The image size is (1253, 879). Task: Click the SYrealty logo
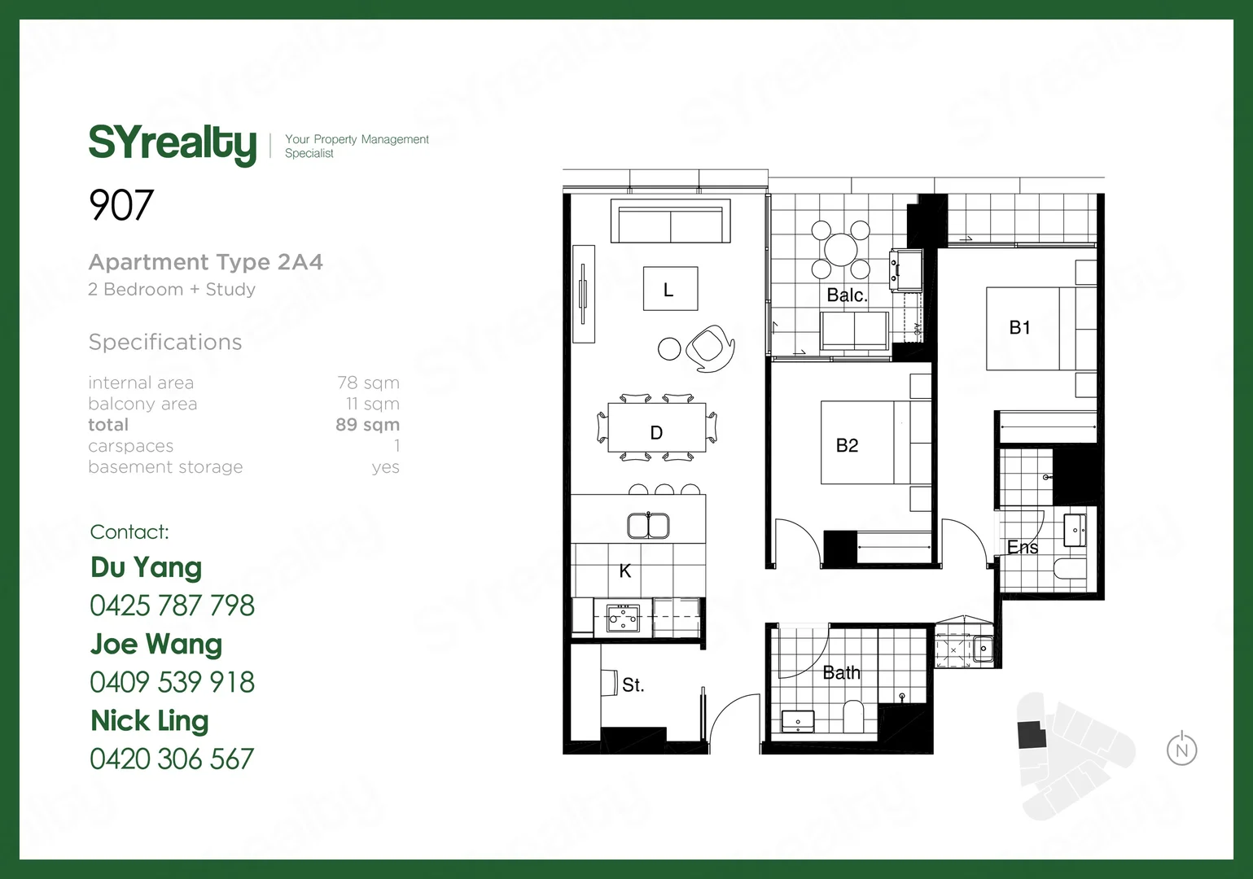coord(172,144)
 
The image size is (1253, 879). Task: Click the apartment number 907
coord(121,205)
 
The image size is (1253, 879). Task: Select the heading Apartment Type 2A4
coord(205,262)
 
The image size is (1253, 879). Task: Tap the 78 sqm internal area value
coord(368,383)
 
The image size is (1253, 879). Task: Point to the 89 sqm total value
coord(367,425)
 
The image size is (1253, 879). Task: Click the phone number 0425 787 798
coord(172,606)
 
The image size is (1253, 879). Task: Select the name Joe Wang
coord(156,644)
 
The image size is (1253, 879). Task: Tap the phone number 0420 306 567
coord(172,759)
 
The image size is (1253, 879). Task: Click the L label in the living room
coord(669,289)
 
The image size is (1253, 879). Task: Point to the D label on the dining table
coord(656,433)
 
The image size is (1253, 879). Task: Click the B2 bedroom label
coord(847,445)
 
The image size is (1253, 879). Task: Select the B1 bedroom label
coord(1019,327)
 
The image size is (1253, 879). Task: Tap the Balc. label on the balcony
coord(847,295)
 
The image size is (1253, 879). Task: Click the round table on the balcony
coord(841,248)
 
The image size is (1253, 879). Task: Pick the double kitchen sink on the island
coord(648,526)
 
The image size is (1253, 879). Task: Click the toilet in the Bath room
coord(853,716)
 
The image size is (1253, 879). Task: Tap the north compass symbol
coord(1181,749)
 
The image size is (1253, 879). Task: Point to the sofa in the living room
coord(670,221)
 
